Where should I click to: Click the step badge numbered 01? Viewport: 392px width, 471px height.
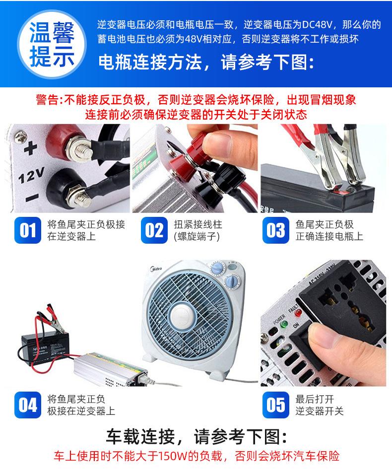(28, 230)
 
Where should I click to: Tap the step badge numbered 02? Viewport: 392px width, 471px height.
(154, 230)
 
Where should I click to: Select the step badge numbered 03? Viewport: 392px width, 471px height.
(276, 230)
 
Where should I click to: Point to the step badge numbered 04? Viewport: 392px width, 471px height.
(28, 405)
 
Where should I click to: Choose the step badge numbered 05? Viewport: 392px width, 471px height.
(276, 405)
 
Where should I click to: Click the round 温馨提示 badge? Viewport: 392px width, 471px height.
(52, 44)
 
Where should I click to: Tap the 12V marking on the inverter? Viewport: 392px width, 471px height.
(31, 175)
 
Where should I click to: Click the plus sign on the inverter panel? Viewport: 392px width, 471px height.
(30, 148)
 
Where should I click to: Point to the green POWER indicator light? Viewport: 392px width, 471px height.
(283, 325)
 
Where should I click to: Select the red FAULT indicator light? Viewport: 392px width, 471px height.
(298, 313)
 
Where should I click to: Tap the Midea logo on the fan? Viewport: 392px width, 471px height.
(156, 269)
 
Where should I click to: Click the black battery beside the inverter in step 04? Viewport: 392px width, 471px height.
(45, 348)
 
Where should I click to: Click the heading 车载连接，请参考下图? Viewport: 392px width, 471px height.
(196, 436)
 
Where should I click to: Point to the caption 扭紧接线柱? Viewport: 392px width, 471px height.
(197, 224)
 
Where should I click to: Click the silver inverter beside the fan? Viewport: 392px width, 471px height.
(111, 369)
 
